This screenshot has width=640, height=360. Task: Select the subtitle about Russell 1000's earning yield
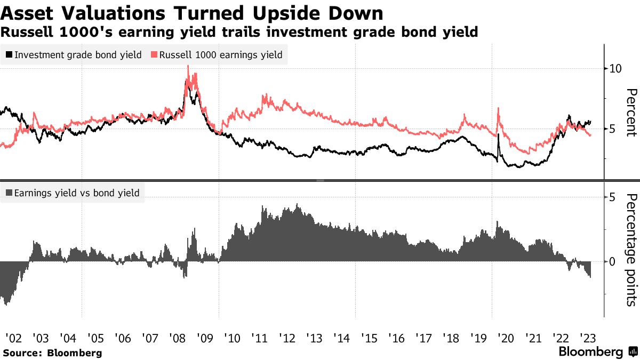click(239, 32)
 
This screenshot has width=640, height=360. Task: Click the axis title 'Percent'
click(631, 113)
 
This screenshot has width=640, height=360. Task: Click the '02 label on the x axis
click(13, 338)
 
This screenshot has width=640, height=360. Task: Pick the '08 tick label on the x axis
click(178, 338)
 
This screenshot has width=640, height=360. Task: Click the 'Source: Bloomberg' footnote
click(52, 353)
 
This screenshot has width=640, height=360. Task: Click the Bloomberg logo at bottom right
click(598, 352)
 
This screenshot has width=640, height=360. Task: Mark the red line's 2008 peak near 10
click(188, 66)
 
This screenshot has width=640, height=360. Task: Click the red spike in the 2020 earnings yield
click(498, 108)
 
